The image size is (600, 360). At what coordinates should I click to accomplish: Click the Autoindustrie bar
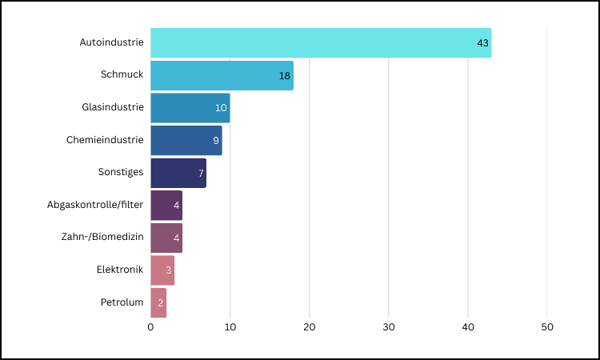tap(320, 43)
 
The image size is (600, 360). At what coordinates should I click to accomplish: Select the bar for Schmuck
tap(222, 75)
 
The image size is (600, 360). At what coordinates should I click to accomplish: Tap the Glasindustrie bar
tap(190, 108)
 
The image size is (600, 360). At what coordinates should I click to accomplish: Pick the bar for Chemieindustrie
tap(186, 140)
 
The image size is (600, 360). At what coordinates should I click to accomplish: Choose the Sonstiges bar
tap(178, 173)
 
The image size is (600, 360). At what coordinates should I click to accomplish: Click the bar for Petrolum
tap(158, 303)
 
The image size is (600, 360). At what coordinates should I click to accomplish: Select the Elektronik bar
tap(162, 270)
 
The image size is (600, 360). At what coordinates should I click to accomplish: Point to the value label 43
tap(482, 43)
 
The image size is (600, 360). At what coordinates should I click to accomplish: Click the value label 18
tap(284, 75)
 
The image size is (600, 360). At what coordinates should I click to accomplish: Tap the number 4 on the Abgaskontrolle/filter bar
tap(176, 206)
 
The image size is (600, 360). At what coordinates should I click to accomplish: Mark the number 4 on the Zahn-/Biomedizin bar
tap(176, 238)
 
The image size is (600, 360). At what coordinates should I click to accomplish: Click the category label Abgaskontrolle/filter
tap(95, 205)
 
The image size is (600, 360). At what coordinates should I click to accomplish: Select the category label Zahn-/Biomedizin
tap(102, 237)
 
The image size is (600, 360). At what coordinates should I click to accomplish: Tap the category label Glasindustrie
tap(113, 107)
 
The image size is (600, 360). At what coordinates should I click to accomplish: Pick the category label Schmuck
tap(122, 74)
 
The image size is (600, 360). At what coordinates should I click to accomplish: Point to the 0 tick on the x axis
tap(150, 327)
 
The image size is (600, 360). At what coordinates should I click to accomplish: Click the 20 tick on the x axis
tap(310, 327)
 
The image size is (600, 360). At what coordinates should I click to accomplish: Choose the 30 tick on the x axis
tap(389, 327)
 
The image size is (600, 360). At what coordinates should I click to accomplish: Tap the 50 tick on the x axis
tap(547, 327)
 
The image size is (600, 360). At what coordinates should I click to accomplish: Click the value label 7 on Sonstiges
tap(200, 173)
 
